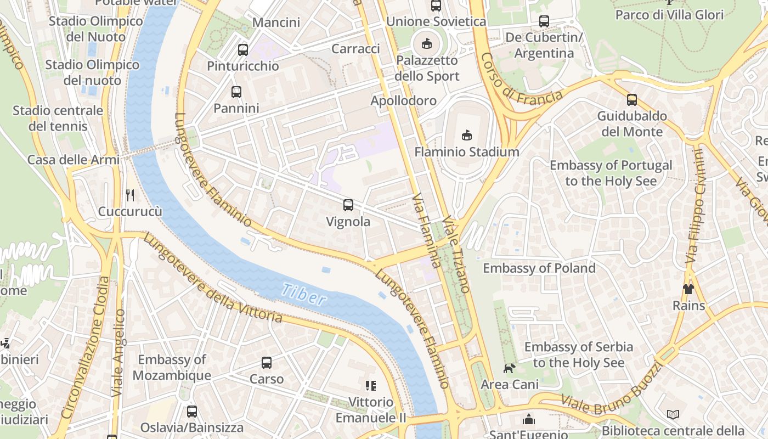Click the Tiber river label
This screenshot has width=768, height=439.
305,295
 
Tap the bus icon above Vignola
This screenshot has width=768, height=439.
348,205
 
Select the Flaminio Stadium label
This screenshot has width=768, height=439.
467,152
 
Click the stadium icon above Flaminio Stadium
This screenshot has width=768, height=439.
467,135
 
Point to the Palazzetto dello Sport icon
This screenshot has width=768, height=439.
426,43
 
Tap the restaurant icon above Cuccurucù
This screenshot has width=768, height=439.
130,195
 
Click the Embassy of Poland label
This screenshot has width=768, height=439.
539,268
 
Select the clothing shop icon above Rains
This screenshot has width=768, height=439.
688,289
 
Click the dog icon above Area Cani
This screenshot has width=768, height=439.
510,368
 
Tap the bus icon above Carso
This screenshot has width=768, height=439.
267,363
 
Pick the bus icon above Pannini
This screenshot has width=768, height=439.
236,92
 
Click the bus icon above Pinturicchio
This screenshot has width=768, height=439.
243,50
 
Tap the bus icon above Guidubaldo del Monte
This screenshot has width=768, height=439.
632,100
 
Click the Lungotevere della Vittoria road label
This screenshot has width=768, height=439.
214,280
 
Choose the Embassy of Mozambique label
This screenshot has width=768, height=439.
172,368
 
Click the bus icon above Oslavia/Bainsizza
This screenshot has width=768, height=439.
192,412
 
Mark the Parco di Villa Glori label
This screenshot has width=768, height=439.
669,15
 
